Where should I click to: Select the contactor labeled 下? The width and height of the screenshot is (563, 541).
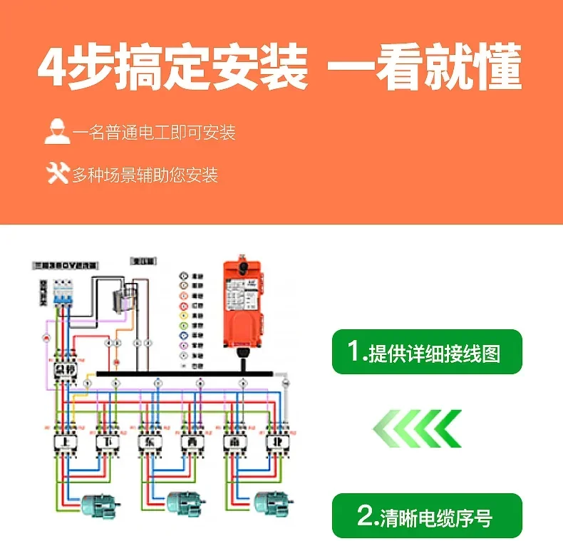pyautogui.click(x=105, y=443)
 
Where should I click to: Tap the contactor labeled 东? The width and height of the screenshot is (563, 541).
pyautogui.click(x=150, y=443)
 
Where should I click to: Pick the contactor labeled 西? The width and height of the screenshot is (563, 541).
pyautogui.click(x=191, y=443)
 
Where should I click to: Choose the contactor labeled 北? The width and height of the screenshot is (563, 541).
pyautogui.click(x=275, y=443)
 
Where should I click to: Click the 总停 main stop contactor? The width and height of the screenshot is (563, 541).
pyautogui.click(x=65, y=369)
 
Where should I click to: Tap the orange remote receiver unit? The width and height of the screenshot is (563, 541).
pyautogui.click(x=246, y=300)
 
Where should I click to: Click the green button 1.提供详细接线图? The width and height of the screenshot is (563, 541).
pyautogui.click(x=427, y=351)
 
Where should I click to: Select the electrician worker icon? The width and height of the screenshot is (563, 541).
pyautogui.click(x=56, y=132)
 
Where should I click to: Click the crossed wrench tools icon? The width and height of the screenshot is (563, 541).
pyautogui.click(x=57, y=173)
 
